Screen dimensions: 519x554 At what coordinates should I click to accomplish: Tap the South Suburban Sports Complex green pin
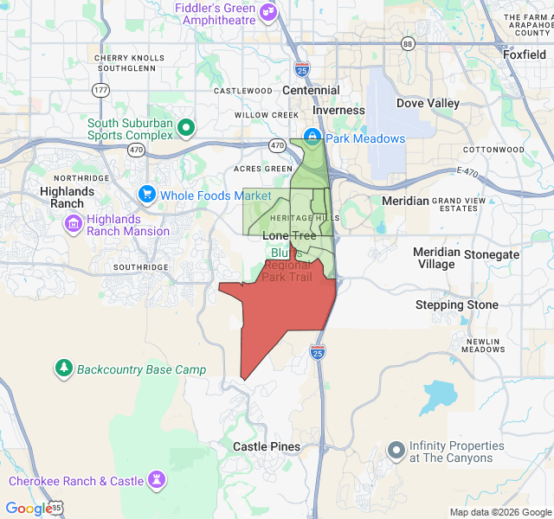pos(185,129)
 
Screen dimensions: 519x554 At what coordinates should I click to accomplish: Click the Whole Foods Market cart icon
pos(147,195)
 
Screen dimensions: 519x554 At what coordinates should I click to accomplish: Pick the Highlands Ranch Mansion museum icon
pos(74,225)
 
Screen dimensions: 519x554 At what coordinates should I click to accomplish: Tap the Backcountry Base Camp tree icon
pos(64,369)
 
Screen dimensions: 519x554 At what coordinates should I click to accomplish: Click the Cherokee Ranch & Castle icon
pos(157,480)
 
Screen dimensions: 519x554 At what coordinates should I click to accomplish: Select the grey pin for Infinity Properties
pos(396,449)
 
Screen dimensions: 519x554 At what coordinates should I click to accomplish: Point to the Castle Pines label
pos(267,447)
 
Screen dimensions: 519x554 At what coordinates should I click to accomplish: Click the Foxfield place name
pos(525,54)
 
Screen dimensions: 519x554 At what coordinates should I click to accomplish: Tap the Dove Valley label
pos(428,103)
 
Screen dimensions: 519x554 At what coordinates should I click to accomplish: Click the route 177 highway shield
pos(101,90)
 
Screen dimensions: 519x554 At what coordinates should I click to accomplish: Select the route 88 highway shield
pos(408,44)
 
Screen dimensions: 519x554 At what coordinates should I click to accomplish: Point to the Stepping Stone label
pos(456,304)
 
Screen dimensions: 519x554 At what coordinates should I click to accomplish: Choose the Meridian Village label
pos(435,258)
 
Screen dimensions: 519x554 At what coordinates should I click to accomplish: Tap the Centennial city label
pos(311,90)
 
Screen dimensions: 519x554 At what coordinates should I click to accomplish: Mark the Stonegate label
pos(492,254)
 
